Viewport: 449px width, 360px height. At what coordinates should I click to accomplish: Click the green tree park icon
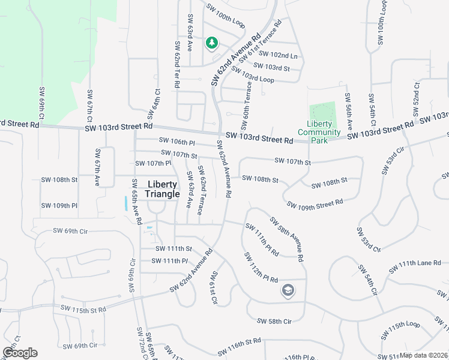pos(211,43)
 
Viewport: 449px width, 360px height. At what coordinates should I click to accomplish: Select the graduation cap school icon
pos(288,290)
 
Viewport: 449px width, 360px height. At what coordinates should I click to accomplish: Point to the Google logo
pos(20,353)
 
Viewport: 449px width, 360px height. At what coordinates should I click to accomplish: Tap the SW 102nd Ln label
pos(280,56)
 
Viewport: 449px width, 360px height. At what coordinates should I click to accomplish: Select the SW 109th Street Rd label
pos(315,204)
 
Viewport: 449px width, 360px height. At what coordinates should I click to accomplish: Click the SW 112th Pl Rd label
pos(261,268)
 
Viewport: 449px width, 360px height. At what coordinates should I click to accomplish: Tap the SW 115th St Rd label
pos(83,308)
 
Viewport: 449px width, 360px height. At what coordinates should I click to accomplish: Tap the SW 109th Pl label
pos(59,206)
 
